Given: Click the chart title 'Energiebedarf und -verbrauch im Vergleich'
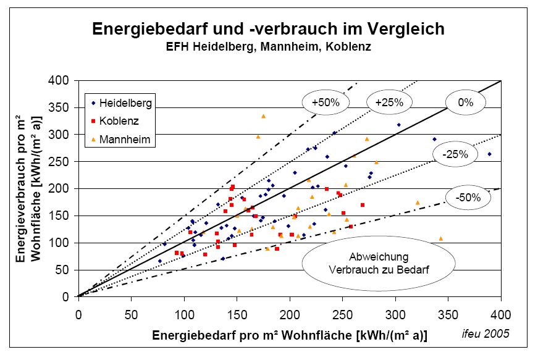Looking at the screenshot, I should (268, 28).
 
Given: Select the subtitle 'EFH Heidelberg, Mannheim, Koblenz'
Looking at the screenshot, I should (268, 46).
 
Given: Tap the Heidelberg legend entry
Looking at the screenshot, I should (121, 103).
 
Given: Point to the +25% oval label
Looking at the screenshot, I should (389, 103).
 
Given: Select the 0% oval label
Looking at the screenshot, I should (465, 103).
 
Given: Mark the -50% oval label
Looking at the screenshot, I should (467, 198).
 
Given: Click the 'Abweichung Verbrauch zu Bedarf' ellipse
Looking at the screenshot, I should (378, 262).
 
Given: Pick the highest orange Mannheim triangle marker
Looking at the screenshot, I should (263, 116).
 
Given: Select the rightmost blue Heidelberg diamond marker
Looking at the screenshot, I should (489, 154).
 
